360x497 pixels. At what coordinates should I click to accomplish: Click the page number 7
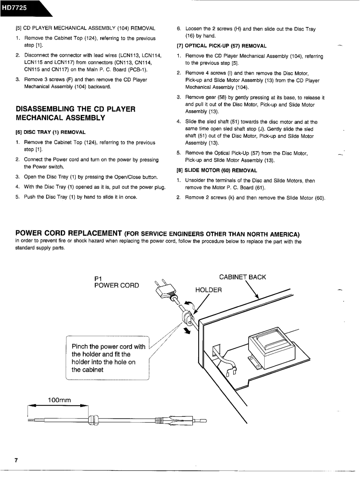[x=16, y=447]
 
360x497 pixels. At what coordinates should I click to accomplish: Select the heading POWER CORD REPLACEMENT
[x=69, y=233]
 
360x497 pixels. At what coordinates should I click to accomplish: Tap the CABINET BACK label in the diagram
[x=243, y=277]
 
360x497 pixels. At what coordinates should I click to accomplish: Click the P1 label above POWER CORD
[x=99, y=278]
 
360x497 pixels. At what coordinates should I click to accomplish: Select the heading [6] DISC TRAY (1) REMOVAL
[x=50, y=132]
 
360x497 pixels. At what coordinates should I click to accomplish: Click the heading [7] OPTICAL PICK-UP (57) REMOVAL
[x=221, y=46]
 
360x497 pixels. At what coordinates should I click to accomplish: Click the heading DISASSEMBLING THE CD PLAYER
[x=75, y=109]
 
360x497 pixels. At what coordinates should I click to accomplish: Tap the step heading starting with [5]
[x=85, y=28]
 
